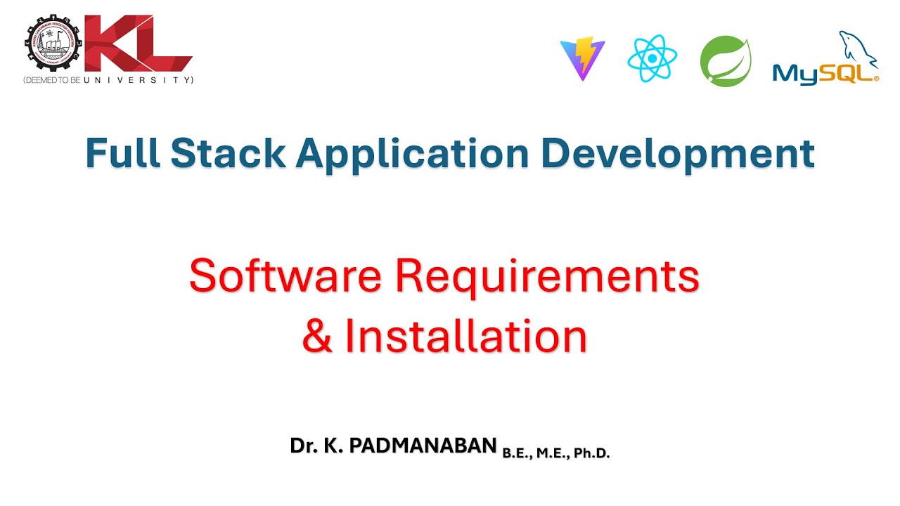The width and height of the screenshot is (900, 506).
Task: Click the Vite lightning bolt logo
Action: pos(582,60)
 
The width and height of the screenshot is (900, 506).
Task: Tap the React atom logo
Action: pos(652,59)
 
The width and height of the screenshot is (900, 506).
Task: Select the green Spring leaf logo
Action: pos(726,61)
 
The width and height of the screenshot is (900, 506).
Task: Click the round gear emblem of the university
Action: pos(53,44)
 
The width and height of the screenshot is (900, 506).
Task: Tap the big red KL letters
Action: pos(137,44)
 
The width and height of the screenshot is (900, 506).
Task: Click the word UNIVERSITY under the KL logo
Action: pos(138,81)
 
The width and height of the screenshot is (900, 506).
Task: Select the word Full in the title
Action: pos(123,153)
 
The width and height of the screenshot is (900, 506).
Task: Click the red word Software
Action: pos(285,276)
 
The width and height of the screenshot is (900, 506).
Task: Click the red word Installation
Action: pos(465,337)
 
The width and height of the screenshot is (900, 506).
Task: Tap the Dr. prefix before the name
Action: pos(303,446)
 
